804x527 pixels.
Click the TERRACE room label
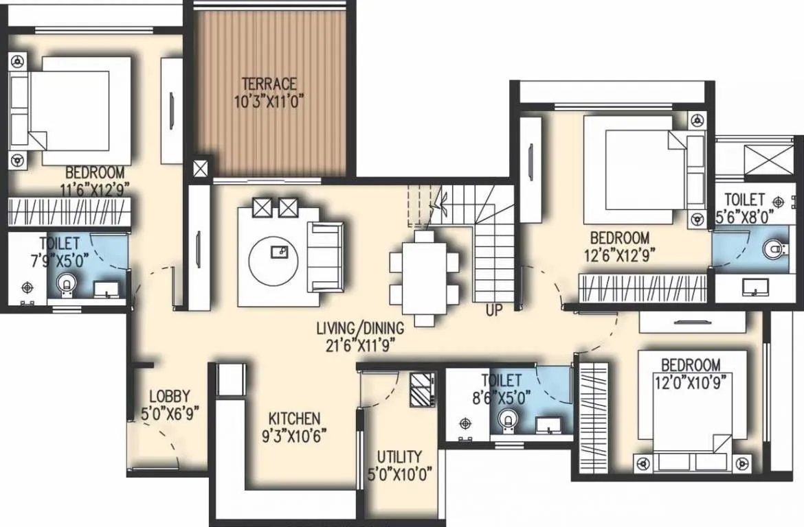[x=269, y=84]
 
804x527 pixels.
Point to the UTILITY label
[x=399, y=457]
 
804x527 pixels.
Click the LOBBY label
[x=169, y=397]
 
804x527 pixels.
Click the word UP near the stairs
[x=493, y=309]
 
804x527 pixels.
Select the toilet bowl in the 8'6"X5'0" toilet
[x=508, y=419]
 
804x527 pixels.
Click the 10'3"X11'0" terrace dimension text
[x=269, y=100]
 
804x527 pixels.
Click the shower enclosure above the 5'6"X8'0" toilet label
[x=745, y=159]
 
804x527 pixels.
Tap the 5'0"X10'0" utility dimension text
[x=399, y=473]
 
